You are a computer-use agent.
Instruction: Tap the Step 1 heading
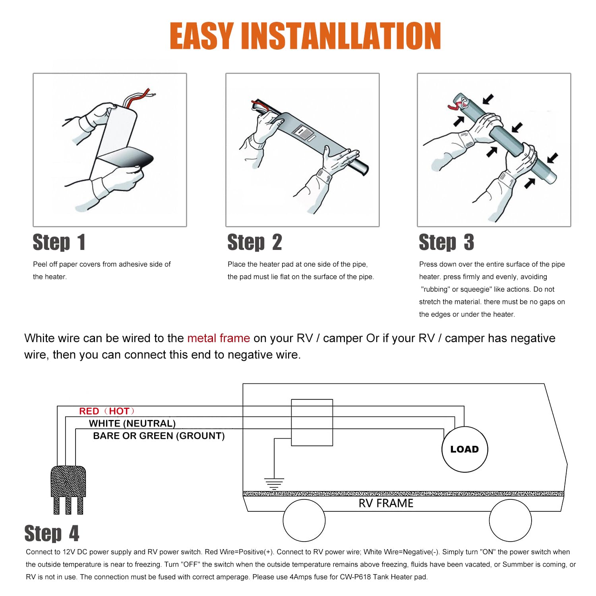click(x=59, y=242)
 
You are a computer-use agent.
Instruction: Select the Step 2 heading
click(x=255, y=242)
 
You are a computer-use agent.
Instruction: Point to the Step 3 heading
click(x=447, y=242)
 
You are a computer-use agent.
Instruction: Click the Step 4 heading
click(x=52, y=533)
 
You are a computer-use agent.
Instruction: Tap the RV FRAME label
click(x=386, y=503)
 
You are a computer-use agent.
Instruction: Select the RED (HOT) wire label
click(x=107, y=411)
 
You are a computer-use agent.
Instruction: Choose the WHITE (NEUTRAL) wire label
click(x=132, y=424)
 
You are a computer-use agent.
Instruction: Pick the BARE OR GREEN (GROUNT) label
click(x=159, y=436)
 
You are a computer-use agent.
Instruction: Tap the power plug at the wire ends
click(x=68, y=490)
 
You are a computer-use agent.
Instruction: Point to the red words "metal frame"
click(x=219, y=338)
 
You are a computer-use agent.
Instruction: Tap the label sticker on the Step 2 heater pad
click(x=304, y=133)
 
